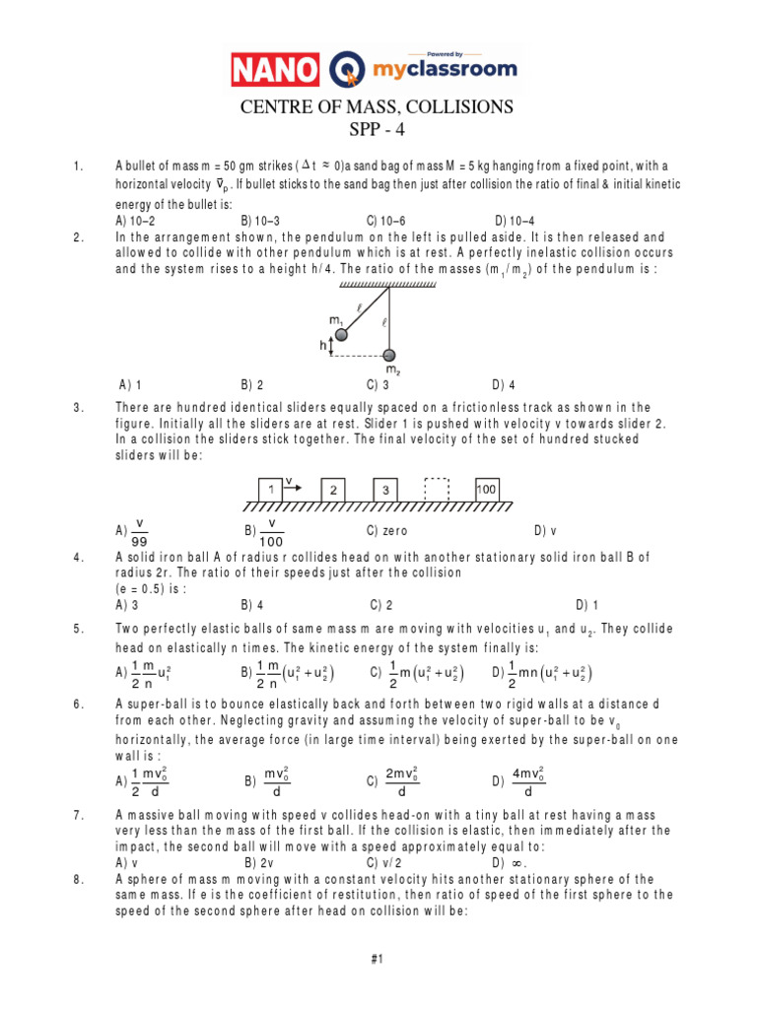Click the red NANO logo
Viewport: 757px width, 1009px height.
click(x=275, y=69)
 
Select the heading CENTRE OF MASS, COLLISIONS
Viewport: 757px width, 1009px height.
click(x=378, y=107)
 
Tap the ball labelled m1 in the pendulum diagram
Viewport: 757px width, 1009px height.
click(x=341, y=335)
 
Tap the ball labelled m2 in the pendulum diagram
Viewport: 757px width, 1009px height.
click(x=390, y=355)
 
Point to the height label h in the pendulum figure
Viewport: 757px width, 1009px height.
click(x=324, y=346)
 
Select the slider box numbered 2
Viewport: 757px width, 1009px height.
click(x=335, y=490)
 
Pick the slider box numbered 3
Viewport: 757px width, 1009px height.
click(x=386, y=490)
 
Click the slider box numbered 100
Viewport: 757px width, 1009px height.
click(x=485, y=490)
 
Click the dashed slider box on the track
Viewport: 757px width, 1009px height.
click(x=436, y=490)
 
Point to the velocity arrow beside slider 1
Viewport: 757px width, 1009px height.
click(x=294, y=484)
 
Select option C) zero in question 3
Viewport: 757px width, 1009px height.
click(x=388, y=530)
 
